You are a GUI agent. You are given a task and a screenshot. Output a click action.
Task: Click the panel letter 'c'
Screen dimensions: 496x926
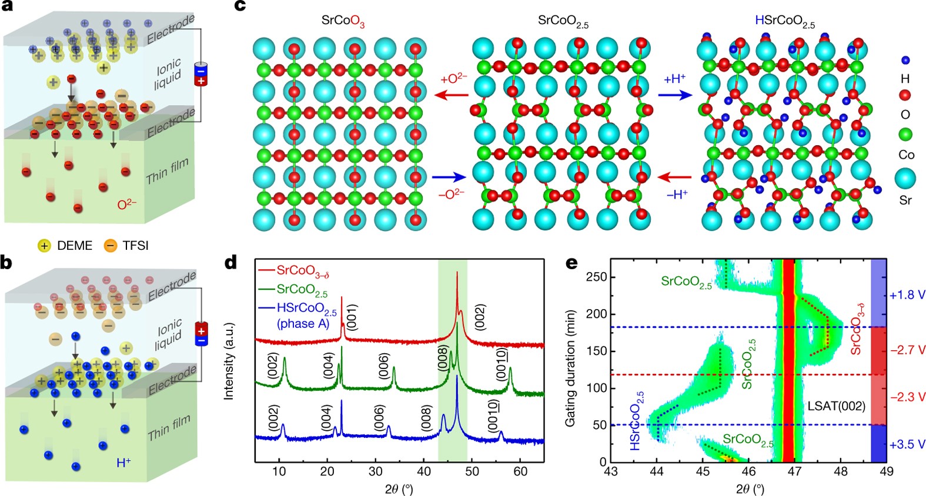[x=240, y=7]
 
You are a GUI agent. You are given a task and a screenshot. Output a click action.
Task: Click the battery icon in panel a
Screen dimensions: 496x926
[x=200, y=74]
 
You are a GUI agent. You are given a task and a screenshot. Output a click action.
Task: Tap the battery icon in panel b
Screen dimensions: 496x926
[x=201, y=334]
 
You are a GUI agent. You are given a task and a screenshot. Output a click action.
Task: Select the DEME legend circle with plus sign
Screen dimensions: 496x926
[x=44, y=245]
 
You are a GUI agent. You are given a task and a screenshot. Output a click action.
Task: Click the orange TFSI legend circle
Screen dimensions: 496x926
[x=111, y=245]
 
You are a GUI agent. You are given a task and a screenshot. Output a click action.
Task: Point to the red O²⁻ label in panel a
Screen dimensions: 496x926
[x=126, y=205]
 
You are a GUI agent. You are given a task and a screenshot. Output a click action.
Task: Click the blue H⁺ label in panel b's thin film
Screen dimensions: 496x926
[x=123, y=463]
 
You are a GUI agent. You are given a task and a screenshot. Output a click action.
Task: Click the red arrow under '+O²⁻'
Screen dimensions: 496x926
[x=454, y=95]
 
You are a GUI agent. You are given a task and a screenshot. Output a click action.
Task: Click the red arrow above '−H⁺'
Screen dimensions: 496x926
[x=675, y=176]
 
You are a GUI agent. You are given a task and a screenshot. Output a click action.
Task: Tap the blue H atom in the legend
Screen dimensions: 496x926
[x=905, y=60]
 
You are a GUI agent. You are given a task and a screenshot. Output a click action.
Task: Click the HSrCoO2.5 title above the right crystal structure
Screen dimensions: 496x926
[x=784, y=22]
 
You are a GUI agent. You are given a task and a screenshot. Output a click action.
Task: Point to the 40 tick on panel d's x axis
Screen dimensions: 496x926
[x=423, y=471]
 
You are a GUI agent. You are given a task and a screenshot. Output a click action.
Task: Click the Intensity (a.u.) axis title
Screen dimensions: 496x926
[x=229, y=361]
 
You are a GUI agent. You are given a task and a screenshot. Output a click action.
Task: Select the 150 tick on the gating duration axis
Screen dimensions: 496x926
[x=597, y=351]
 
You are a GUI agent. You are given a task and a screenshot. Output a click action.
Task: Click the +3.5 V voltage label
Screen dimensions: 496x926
[x=907, y=444]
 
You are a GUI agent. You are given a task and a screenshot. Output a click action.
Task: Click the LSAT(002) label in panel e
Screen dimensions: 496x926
[x=836, y=405]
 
